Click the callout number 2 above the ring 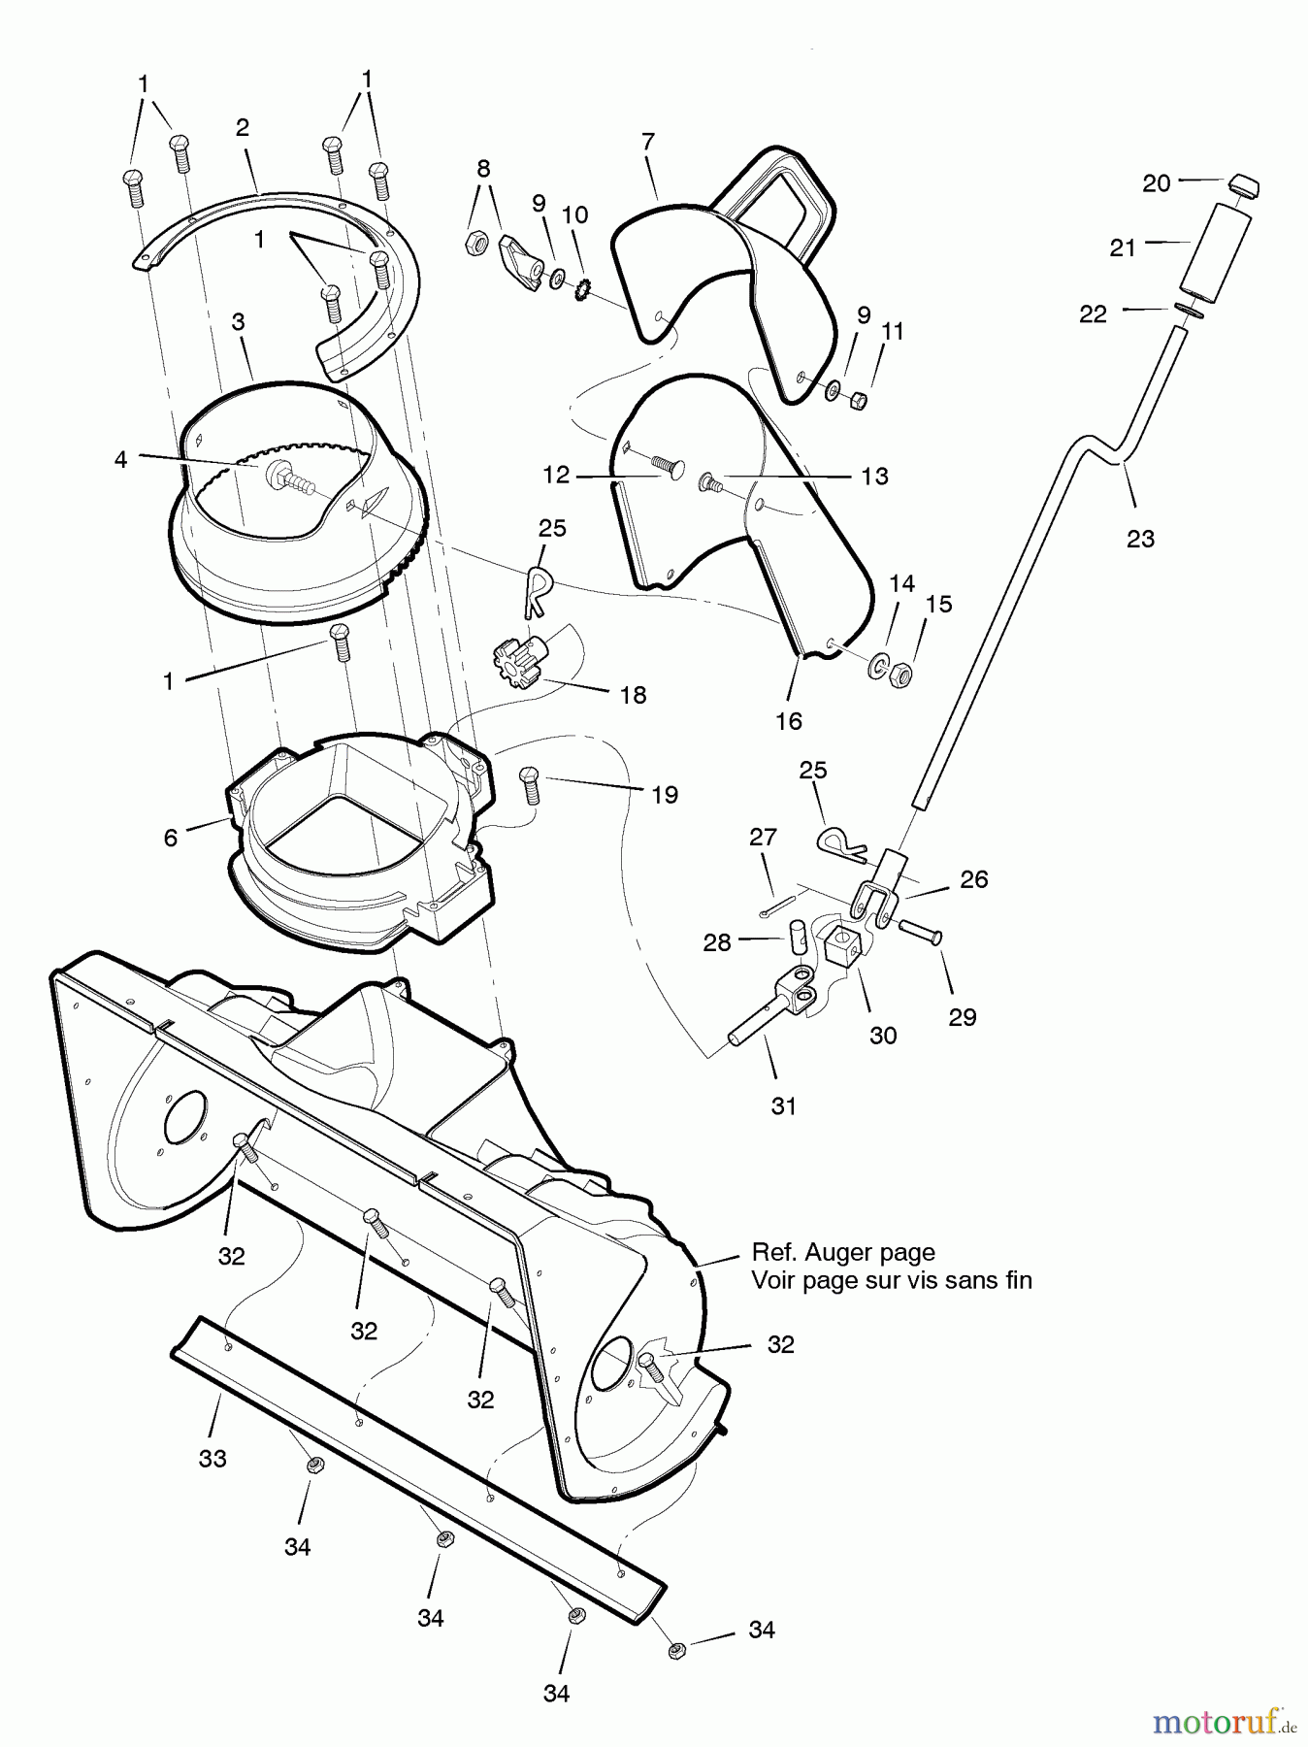pyautogui.click(x=243, y=127)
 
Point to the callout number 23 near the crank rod pyautogui.click(x=1140, y=539)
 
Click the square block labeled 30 pyautogui.click(x=842, y=943)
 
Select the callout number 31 pyautogui.click(x=784, y=1105)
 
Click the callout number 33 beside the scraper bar pyautogui.click(x=213, y=1458)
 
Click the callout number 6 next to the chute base pyautogui.click(x=171, y=838)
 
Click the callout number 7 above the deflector pyautogui.click(x=648, y=142)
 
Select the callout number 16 pyautogui.click(x=789, y=721)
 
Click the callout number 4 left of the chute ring pyautogui.click(x=120, y=459)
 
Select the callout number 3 pyautogui.click(x=238, y=321)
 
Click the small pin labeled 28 pyautogui.click(x=798, y=937)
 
